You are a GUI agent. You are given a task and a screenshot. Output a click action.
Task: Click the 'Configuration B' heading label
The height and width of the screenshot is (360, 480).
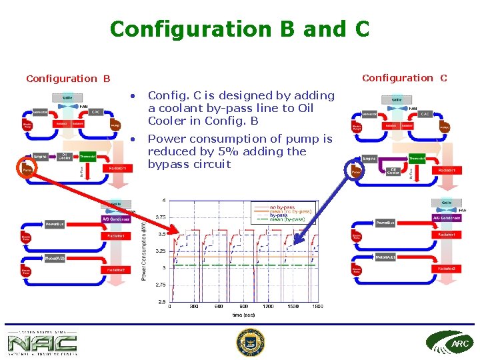(x=68, y=79)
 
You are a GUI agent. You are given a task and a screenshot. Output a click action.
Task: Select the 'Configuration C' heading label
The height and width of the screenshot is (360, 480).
(x=404, y=78)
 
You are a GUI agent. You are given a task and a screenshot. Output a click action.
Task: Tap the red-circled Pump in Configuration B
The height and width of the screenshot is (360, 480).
(x=27, y=170)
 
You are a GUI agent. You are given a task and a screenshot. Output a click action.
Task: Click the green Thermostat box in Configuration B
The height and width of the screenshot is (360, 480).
(x=88, y=157)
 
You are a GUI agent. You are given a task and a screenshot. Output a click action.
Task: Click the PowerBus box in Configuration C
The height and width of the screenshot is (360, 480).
(x=385, y=223)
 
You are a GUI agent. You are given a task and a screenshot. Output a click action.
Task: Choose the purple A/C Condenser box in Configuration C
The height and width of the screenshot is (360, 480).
(x=446, y=218)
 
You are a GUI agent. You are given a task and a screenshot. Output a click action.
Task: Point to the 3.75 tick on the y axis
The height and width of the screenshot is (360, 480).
(x=160, y=217)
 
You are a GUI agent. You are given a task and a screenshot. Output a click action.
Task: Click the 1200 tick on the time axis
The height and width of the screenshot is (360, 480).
(x=267, y=307)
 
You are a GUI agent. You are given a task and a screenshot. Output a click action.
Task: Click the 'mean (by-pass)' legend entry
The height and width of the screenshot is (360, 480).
(x=287, y=219)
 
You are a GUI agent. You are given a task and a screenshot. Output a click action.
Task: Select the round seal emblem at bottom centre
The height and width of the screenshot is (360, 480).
(x=250, y=342)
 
